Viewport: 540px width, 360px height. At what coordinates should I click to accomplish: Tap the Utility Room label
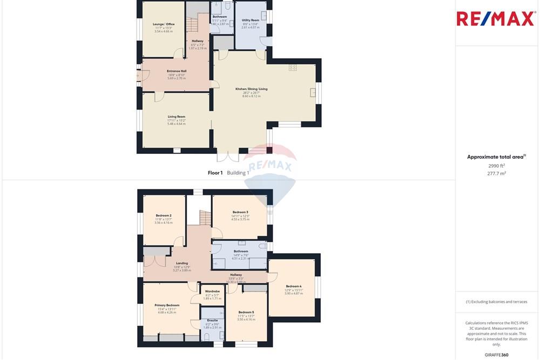[x=251, y=21]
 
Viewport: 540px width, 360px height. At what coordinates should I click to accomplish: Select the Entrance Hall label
[x=177, y=71]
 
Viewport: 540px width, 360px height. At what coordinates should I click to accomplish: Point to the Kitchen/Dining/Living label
[x=251, y=89]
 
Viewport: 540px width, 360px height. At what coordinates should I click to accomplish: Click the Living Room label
[x=177, y=117]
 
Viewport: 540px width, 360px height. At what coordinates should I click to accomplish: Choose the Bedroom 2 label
[x=163, y=215]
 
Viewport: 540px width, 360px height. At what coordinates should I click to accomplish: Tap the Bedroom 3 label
[x=240, y=212]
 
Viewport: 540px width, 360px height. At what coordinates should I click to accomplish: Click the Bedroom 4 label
[x=294, y=286]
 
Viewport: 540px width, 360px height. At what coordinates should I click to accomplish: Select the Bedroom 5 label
[x=246, y=312]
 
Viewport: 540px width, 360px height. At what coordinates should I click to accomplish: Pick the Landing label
[x=182, y=263]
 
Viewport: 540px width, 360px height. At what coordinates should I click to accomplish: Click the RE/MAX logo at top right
[x=496, y=18]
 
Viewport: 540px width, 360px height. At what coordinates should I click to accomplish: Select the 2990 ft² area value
[x=496, y=166]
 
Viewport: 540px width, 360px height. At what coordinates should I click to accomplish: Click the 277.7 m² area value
[x=496, y=173]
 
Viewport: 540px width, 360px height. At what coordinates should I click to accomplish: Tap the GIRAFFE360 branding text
[x=496, y=355]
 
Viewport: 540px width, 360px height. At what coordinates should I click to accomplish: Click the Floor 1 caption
[x=215, y=173]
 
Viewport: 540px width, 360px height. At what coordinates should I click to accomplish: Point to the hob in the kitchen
[x=293, y=67]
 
